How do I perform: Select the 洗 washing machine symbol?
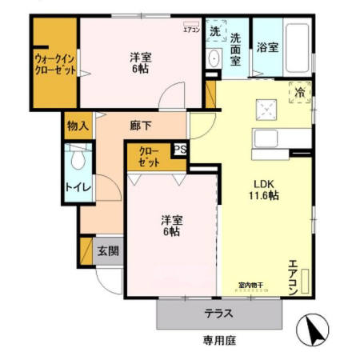click(214, 32)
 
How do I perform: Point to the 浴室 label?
click(268, 47)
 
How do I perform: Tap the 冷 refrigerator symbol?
click(301, 93)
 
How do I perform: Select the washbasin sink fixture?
click(214, 60)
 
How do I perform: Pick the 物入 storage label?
click(78, 126)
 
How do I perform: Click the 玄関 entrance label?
click(108, 251)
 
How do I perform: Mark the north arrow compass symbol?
click(314, 330)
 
